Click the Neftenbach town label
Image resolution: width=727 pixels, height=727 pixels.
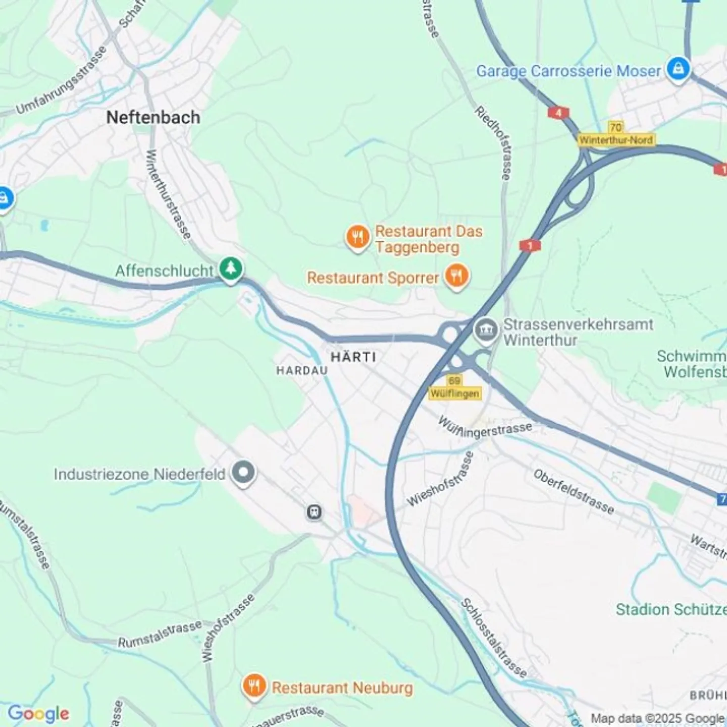(x=153, y=118)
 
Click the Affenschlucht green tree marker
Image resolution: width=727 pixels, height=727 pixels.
(x=231, y=269)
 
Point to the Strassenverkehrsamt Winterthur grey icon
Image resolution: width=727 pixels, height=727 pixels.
(x=486, y=331)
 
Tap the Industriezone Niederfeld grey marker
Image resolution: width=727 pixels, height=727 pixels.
(x=243, y=473)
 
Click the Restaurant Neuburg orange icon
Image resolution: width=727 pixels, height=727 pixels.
(x=254, y=685)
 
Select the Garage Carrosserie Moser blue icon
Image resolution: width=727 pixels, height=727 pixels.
(x=678, y=69)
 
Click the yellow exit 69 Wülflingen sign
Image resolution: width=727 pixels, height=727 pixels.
(x=454, y=387)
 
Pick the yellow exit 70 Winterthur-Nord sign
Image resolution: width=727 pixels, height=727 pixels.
(x=616, y=134)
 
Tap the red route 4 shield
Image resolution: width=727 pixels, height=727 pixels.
(x=558, y=113)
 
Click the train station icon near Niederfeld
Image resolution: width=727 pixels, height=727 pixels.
(x=314, y=512)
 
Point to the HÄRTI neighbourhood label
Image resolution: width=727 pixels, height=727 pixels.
(x=353, y=357)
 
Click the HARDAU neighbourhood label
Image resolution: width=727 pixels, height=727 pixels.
(x=302, y=370)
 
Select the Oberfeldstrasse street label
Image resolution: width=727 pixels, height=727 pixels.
(x=574, y=491)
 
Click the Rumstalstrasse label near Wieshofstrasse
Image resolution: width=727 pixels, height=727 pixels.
(x=160, y=635)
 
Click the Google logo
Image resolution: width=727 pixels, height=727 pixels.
(x=38, y=713)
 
